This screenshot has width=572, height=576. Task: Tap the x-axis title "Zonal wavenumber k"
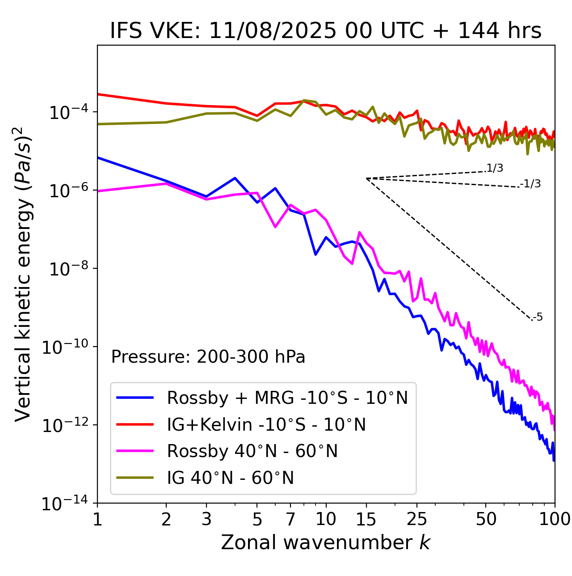pyautogui.click(x=326, y=542)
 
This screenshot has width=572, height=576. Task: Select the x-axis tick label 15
pyautogui.click(x=366, y=519)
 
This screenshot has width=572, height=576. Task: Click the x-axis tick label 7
pyautogui.click(x=290, y=519)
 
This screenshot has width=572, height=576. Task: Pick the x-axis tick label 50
pyautogui.click(x=486, y=519)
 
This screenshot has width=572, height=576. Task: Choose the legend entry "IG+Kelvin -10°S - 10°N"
pyautogui.click(x=266, y=424)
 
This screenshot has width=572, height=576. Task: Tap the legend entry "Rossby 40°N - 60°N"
pyautogui.click(x=252, y=451)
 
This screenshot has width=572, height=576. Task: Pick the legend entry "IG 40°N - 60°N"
pyautogui.click(x=231, y=478)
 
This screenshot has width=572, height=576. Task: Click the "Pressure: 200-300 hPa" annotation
pyautogui.click(x=208, y=357)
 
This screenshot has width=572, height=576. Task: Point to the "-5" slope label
pyautogui.click(x=538, y=318)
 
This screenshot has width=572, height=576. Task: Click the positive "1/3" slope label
pyautogui.click(x=495, y=168)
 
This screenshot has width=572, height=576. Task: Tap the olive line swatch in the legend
pyautogui.click(x=135, y=478)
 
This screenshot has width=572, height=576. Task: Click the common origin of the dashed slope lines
pyautogui.click(x=366, y=178)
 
